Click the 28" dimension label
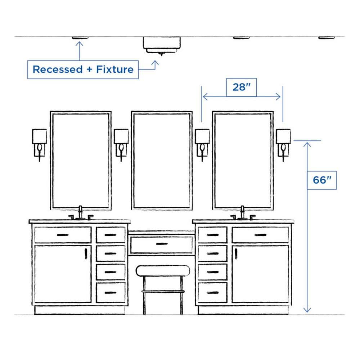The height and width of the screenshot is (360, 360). click(241, 87)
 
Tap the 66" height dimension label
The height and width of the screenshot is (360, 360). click(322, 180)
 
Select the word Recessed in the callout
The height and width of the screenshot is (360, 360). click(58, 69)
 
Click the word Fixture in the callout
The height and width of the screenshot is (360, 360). click(115, 69)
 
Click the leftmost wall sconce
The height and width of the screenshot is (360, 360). click(40, 143)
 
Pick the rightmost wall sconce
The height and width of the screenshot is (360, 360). click(284, 143)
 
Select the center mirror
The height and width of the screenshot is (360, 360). click(162, 160)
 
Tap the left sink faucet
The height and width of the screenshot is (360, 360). click(81, 213)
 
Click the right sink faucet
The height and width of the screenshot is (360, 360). click(243, 213)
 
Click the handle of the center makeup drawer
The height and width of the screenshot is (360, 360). click(162, 244)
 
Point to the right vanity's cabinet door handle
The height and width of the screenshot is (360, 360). click(236, 253)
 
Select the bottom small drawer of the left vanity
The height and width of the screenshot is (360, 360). click(111, 292)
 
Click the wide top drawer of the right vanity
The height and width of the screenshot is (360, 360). click(260, 235)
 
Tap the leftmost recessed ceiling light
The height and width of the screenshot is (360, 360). click(80, 37)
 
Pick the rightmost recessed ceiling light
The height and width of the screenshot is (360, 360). click(327, 37)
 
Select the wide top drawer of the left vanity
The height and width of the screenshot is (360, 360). click(63, 235)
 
